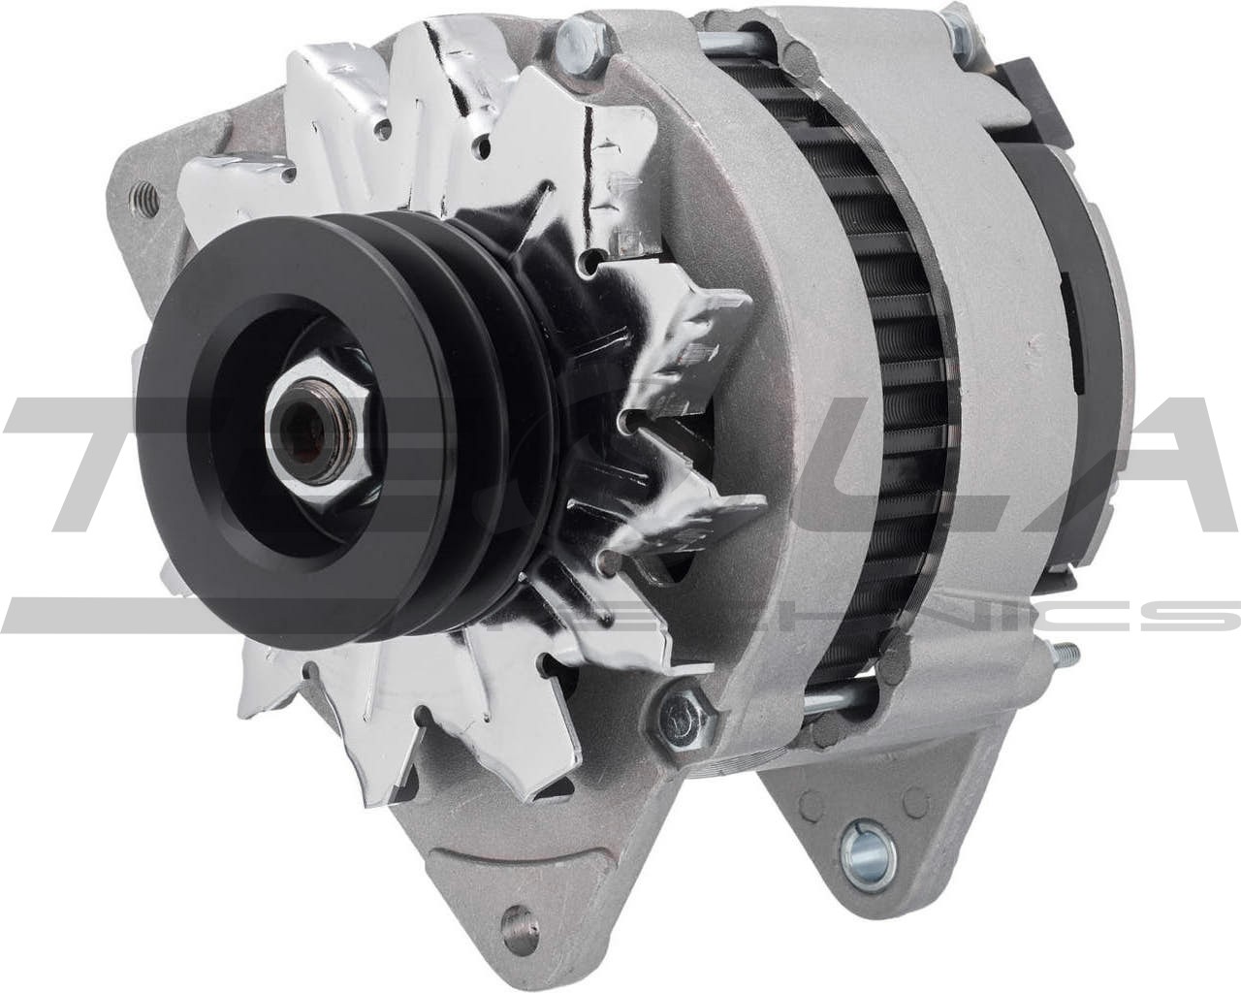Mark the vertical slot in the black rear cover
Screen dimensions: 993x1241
click(x=1066, y=310)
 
